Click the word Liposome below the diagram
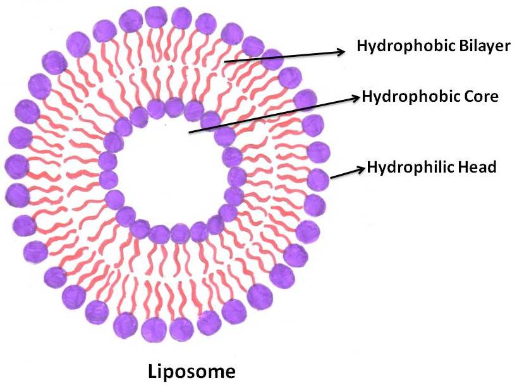pyautogui.click(x=191, y=371)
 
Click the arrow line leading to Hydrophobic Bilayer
pyautogui.click(x=284, y=56)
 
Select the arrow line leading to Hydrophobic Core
pyautogui.click(x=272, y=114)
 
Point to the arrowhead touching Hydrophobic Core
pyautogui.click(x=356, y=97)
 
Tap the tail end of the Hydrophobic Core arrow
pyautogui.click(x=190, y=132)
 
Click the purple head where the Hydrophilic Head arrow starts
pyautogui.click(x=319, y=180)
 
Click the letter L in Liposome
pyautogui.click(x=152, y=370)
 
